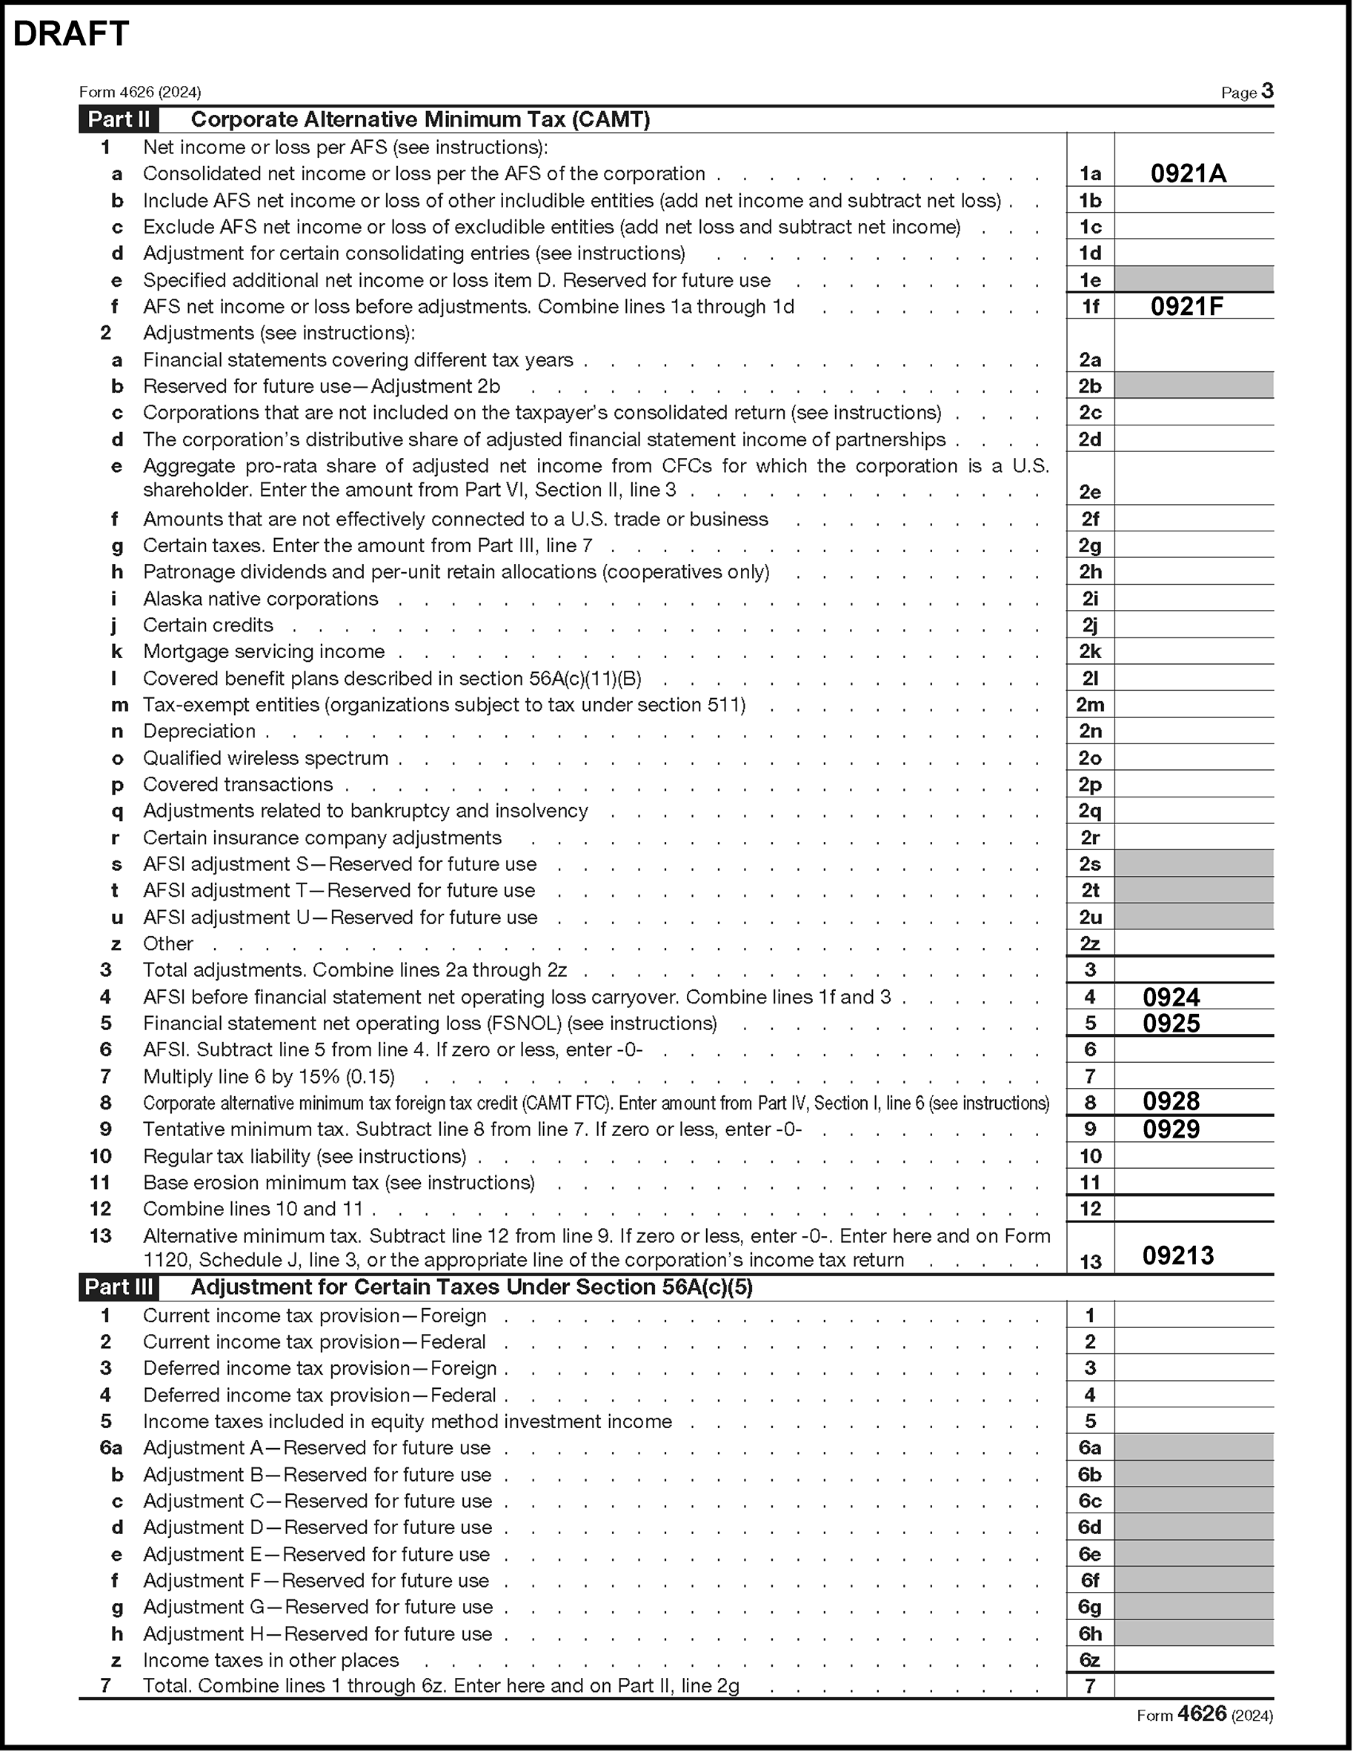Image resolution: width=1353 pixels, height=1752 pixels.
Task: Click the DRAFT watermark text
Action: tap(71, 33)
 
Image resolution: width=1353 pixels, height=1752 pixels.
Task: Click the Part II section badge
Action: tap(119, 119)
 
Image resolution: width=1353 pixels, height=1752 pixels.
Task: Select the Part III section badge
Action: tap(119, 1287)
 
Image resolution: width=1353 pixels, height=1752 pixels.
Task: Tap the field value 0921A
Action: tap(1188, 173)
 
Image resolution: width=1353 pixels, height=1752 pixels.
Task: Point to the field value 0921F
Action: tap(1187, 306)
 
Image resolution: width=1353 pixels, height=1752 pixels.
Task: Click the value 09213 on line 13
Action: tap(1177, 1255)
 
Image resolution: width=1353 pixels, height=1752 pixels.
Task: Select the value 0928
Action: tap(1171, 1101)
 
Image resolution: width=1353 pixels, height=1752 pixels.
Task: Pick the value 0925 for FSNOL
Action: tap(1171, 1023)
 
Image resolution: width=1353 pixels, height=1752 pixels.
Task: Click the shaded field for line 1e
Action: tap(1194, 279)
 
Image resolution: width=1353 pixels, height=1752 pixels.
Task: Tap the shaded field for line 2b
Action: tap(1194, 386)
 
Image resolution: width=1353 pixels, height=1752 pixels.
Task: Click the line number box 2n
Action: tap(1090, 731)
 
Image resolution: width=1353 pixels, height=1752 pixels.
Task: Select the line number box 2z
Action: tap(1090, 943)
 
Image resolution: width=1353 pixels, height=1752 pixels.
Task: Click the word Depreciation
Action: tap(199, 731)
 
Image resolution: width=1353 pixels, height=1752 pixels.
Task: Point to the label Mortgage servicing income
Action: tap(264, 651)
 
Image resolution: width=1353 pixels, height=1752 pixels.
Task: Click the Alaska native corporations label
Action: tap(261, 598)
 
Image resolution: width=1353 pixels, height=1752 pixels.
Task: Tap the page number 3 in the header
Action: tap(1267, 90)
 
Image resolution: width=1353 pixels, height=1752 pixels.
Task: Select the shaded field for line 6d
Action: tap(1194, 1527)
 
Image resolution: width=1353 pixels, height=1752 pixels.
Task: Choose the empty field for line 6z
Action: tap(1194, 1660)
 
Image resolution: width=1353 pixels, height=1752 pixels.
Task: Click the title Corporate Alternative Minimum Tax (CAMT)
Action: tap(420, 119)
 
